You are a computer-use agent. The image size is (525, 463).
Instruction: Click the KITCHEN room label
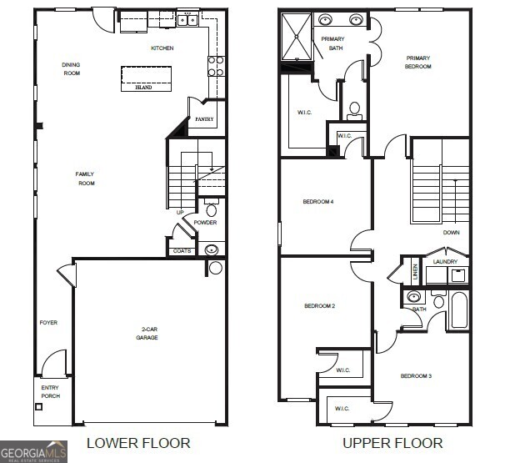click(162, 48)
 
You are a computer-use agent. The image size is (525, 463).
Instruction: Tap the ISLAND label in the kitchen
click(143, 87)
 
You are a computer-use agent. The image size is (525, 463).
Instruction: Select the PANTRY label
click(204, 119)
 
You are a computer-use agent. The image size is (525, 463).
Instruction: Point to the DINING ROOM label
click(71, 68)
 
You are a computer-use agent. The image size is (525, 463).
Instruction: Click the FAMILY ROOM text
click(85, 179)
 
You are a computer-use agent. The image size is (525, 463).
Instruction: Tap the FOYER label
click(48, 322)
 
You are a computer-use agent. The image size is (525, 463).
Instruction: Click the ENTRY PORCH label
click(50, 391)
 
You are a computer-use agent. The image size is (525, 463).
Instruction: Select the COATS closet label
click(182, 250)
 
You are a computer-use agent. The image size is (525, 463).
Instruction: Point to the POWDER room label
click(205, 223)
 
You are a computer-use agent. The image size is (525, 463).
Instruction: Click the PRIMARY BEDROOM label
click(417, 63)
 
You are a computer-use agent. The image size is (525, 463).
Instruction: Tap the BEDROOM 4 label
click(318, 201)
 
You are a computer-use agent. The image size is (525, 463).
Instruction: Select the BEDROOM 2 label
click(319, 306)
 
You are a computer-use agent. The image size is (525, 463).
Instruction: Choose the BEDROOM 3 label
click(416, 376)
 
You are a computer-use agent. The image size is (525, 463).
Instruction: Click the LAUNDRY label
click(445, 261)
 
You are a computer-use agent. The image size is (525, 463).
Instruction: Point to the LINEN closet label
click(414, 272)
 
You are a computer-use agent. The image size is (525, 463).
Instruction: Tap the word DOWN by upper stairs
click(451, 233)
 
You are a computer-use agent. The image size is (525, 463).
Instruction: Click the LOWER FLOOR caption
click(138, 443)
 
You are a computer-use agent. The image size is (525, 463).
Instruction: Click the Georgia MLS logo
click(33, 451)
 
